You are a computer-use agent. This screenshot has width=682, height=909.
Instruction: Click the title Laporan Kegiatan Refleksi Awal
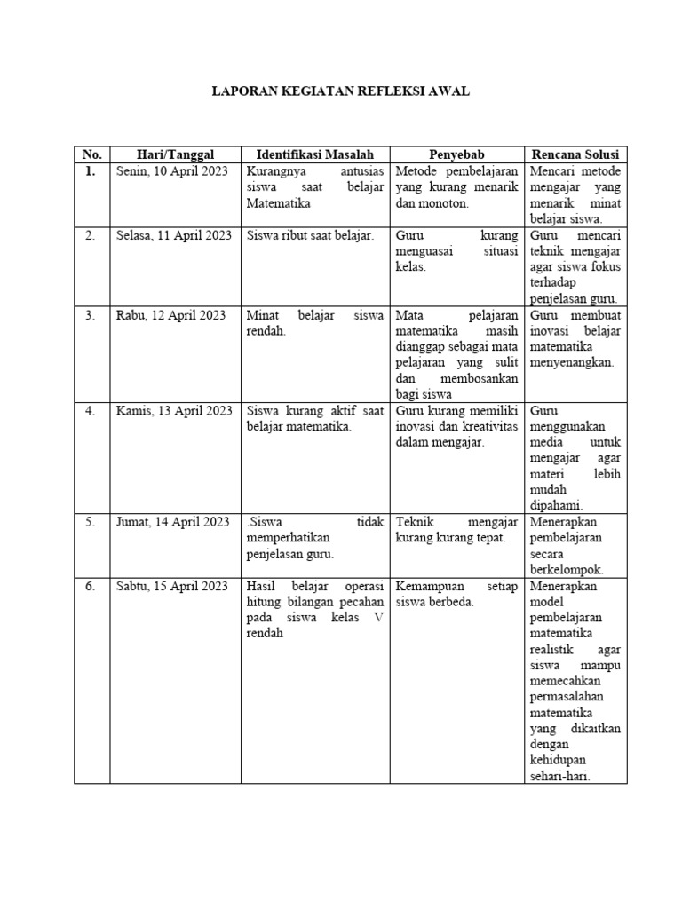pos(340,91)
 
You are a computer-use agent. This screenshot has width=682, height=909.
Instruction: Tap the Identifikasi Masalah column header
pos(315,154)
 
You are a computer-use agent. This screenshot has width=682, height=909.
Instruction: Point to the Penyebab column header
pos(457,154)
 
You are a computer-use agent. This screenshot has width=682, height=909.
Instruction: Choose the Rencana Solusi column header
pos(576,154)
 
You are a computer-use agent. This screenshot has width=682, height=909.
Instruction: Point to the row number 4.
pos(90,411)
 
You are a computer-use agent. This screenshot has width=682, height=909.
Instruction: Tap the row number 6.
pos(90,586)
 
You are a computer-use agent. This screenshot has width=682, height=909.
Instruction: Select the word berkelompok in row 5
pos(566,570)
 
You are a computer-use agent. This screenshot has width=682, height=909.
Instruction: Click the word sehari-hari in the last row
pos(560,776)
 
